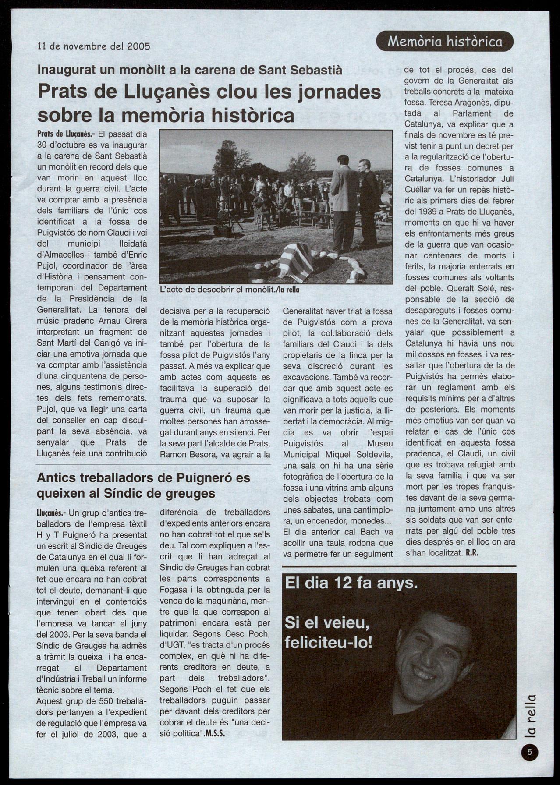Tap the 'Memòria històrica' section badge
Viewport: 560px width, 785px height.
tap(444, 42)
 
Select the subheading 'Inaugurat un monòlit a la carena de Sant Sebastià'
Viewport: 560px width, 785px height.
tap(190, 70)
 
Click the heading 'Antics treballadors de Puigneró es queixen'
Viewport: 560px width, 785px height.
tap(143, 485)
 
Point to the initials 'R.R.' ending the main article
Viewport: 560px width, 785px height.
tap(471, 552)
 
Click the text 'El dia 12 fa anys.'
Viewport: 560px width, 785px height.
tap(351, 583)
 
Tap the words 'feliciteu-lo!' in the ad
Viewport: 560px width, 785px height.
tap(328, 643)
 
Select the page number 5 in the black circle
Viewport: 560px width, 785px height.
tap(529, 752)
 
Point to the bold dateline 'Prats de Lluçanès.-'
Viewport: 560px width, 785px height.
tap(65, 134)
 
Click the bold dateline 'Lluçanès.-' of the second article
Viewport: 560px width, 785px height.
tap(51, 513)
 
